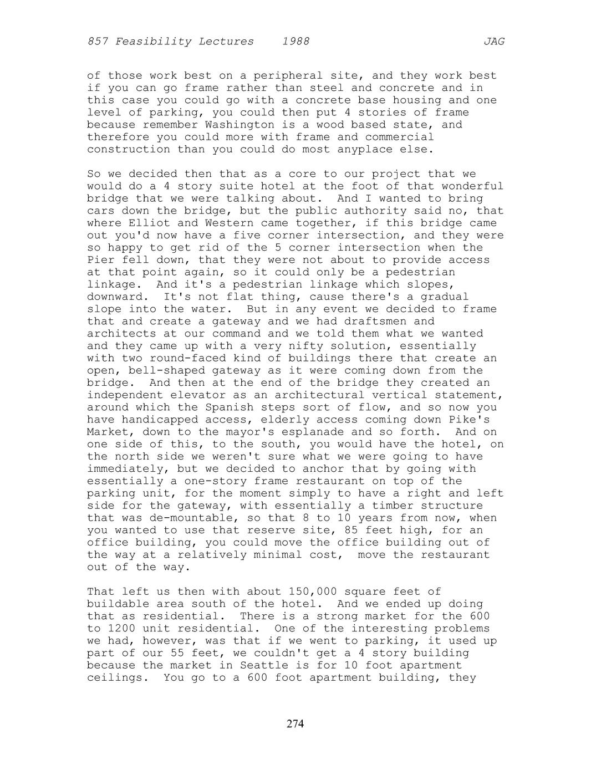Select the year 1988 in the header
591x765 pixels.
(x=295, y=42)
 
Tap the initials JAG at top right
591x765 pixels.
(x=494, y=42)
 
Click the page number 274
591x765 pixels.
(x=295, y=723)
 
